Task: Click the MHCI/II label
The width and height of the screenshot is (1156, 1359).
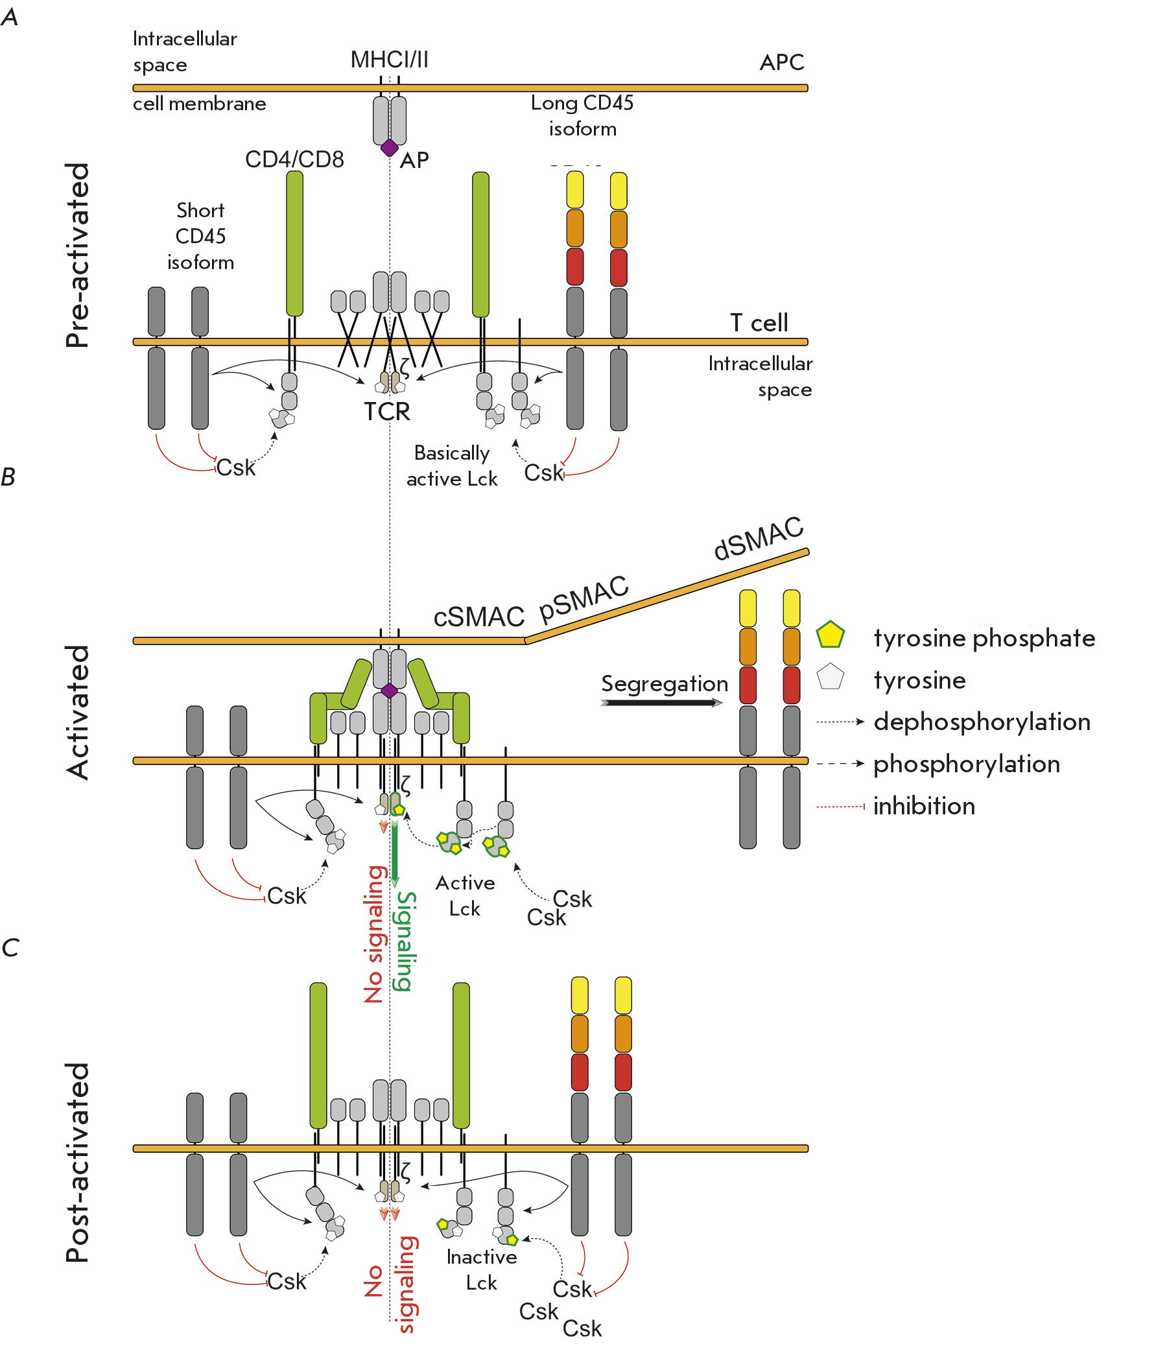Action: coord(389,60)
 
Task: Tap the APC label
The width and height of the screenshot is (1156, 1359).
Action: coord(781,63)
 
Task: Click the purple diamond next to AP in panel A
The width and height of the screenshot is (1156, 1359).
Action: coord(389,147)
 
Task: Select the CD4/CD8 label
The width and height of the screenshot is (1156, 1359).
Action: coord(294,160)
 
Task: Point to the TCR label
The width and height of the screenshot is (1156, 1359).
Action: coord(386,412)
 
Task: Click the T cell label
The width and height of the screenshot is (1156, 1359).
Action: coord(759,323)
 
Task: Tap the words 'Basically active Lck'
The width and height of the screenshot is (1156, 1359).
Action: coord(451,466)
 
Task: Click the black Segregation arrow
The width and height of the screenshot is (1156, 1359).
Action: coord(662,702)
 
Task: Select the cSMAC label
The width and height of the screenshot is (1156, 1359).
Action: coord(479,617)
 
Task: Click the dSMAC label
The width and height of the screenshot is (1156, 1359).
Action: coord(758,538)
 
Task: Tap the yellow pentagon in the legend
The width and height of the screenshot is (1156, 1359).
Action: coord(830,635)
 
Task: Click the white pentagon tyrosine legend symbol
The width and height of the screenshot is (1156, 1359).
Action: coord(830,677)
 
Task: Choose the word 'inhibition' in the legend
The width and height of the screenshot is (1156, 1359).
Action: coord(924,806)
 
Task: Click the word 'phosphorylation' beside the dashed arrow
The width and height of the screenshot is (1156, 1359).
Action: coord(967,764)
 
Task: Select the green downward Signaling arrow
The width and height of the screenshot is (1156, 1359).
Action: coord(394,852)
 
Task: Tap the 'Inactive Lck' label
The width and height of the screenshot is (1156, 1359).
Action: coord(482,1270)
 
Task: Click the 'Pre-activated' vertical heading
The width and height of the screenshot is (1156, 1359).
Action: coord(78,255)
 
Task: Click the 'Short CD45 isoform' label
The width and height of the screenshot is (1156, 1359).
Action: coord(200,236)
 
